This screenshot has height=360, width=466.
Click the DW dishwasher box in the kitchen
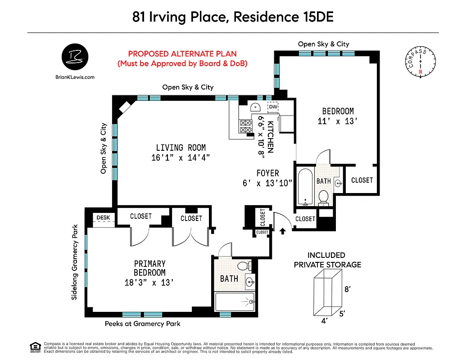tap(273, 108)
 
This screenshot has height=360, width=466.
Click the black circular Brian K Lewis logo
tap(75, 58)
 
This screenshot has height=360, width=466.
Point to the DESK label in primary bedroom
tap(103, 218)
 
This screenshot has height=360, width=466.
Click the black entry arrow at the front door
tap(283, 231)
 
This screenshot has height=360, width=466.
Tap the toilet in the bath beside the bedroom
tap(323, 197)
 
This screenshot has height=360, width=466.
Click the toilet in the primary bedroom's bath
tap(243, 266)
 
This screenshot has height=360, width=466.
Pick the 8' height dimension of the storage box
tap(347, 290)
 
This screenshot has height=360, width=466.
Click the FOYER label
tap(267, 173)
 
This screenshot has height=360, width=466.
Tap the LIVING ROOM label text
tap(181, 148)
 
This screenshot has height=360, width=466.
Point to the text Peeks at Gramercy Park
tap(142, 324)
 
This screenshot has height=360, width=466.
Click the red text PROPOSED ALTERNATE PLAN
tap(182, 53)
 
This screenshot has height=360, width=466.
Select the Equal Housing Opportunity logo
tap(35, 346)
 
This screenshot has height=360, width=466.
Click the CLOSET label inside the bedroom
tap(362, 180)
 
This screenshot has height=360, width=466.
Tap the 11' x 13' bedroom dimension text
tap(337, 121)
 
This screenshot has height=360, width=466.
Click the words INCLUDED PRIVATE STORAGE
tap(327, 260)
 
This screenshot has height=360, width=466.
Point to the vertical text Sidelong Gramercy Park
tap(75, 262)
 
